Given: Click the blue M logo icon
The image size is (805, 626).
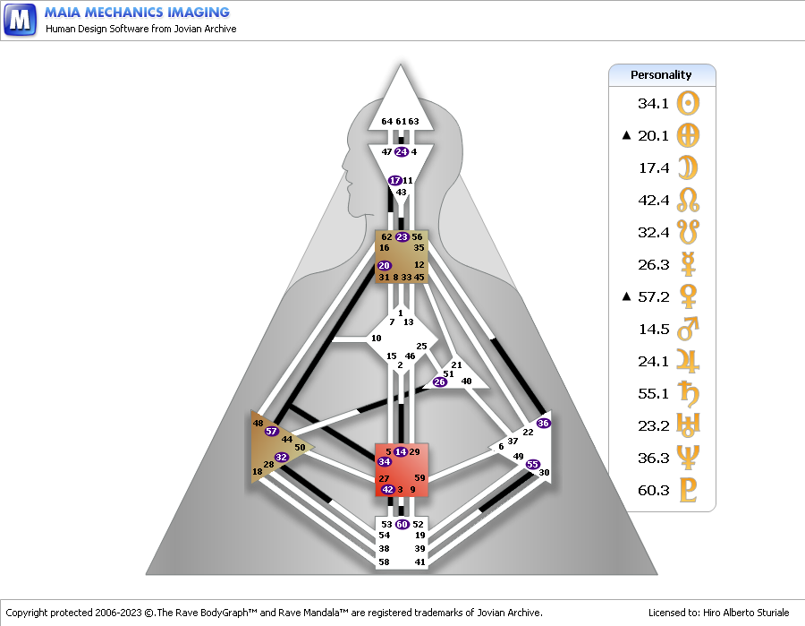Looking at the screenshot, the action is (x=20, y=20).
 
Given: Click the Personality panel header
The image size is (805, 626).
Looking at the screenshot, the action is (x=662, y=75).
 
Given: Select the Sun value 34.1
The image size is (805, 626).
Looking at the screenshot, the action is (x=653, y=103).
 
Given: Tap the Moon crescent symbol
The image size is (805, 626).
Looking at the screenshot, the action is (x=688, y=168).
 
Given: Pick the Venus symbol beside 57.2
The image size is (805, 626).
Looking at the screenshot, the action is (x=688, y=296).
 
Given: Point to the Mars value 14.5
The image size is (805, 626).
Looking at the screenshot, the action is (x=654, y=329).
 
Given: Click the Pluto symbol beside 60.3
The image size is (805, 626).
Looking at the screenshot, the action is (x=688, y=490).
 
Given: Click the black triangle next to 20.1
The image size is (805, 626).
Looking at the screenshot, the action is (x=626, y=135).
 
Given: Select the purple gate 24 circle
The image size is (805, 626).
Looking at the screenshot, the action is (x=402, y=151).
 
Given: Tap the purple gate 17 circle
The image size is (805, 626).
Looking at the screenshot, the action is (x=394, y=180).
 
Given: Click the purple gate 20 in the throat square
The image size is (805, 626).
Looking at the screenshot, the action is (x=384, y=265).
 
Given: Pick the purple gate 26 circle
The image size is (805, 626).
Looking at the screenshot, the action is (x=439, y=382).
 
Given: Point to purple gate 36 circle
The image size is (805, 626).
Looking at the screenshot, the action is (x=543, y=423).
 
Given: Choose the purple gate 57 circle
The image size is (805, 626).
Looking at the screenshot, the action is (x=272, y=431).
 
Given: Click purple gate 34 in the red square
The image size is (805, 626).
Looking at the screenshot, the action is (x=384, y=461).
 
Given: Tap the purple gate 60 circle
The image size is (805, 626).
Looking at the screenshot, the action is (x=402, y=524).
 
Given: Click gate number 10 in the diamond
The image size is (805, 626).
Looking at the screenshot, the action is (x=377, y=339).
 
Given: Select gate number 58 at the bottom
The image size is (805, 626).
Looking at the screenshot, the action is (x=384, y=562).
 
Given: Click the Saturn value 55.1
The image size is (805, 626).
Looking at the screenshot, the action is (x=653, y=394).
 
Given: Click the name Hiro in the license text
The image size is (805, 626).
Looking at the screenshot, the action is (x=713, y=613).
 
